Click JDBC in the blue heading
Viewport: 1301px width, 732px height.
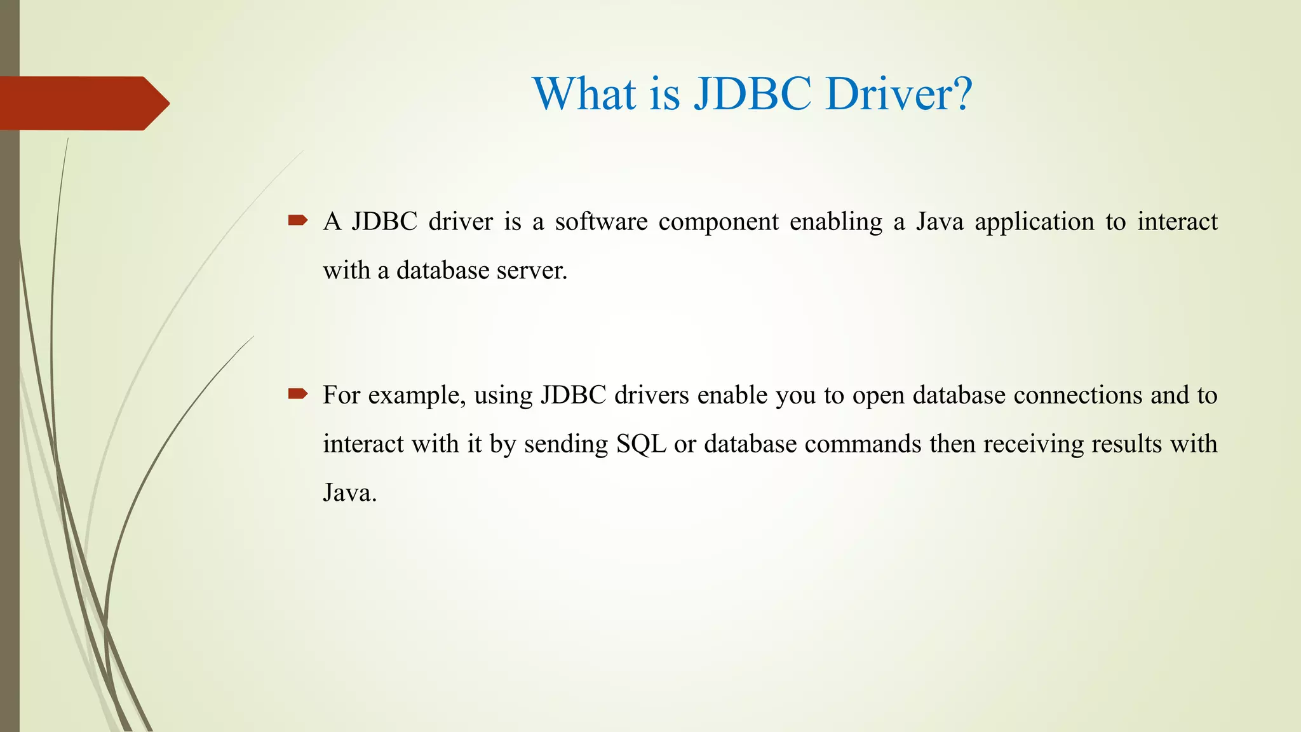(752, 94)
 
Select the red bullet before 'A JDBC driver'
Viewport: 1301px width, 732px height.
(297, 220)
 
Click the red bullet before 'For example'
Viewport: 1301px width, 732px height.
(297, 394)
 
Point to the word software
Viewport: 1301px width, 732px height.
(601, 222)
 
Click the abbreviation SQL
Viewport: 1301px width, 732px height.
(641, 444)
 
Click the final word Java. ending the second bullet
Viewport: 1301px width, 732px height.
(349, 493)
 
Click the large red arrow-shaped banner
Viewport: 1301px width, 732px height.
(83, 103)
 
